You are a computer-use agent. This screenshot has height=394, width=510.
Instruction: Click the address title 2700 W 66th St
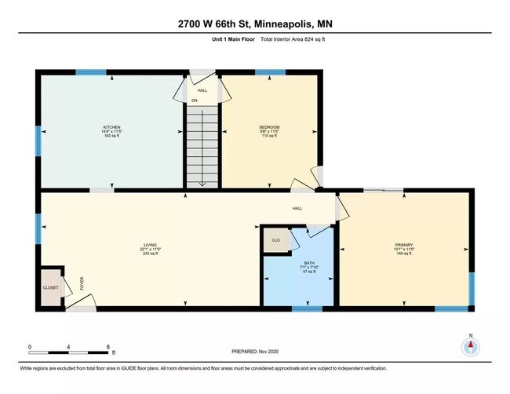coord(254,24)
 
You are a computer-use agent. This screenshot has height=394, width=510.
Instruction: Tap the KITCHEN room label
coord(111,127)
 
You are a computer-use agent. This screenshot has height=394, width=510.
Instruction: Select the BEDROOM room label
coord(269,127)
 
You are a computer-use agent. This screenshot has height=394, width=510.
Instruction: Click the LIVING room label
coord(150,245)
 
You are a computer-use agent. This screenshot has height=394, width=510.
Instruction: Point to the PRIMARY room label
coord(404,245)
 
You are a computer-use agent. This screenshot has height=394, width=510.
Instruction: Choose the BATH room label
coord(297,264)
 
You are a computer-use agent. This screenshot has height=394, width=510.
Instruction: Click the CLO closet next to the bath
coord(275,240)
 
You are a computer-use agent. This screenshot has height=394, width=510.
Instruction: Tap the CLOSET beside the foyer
coord(50,288)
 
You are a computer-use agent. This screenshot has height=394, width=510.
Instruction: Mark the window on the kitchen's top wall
coord(91,72)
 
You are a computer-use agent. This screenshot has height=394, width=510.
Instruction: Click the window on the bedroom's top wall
coord(270,72)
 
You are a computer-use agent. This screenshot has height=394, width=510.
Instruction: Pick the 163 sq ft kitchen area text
coord(111,137)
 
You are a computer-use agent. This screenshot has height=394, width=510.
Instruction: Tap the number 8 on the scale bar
coord(108,345)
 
